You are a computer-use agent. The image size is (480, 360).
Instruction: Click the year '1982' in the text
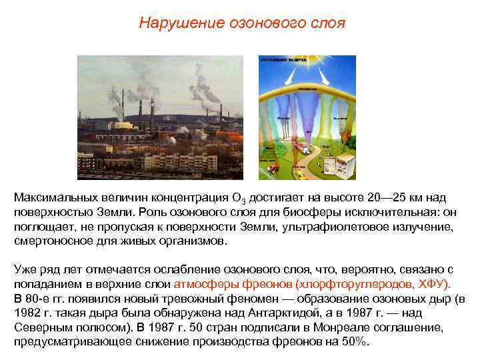click(x=27, y=313)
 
